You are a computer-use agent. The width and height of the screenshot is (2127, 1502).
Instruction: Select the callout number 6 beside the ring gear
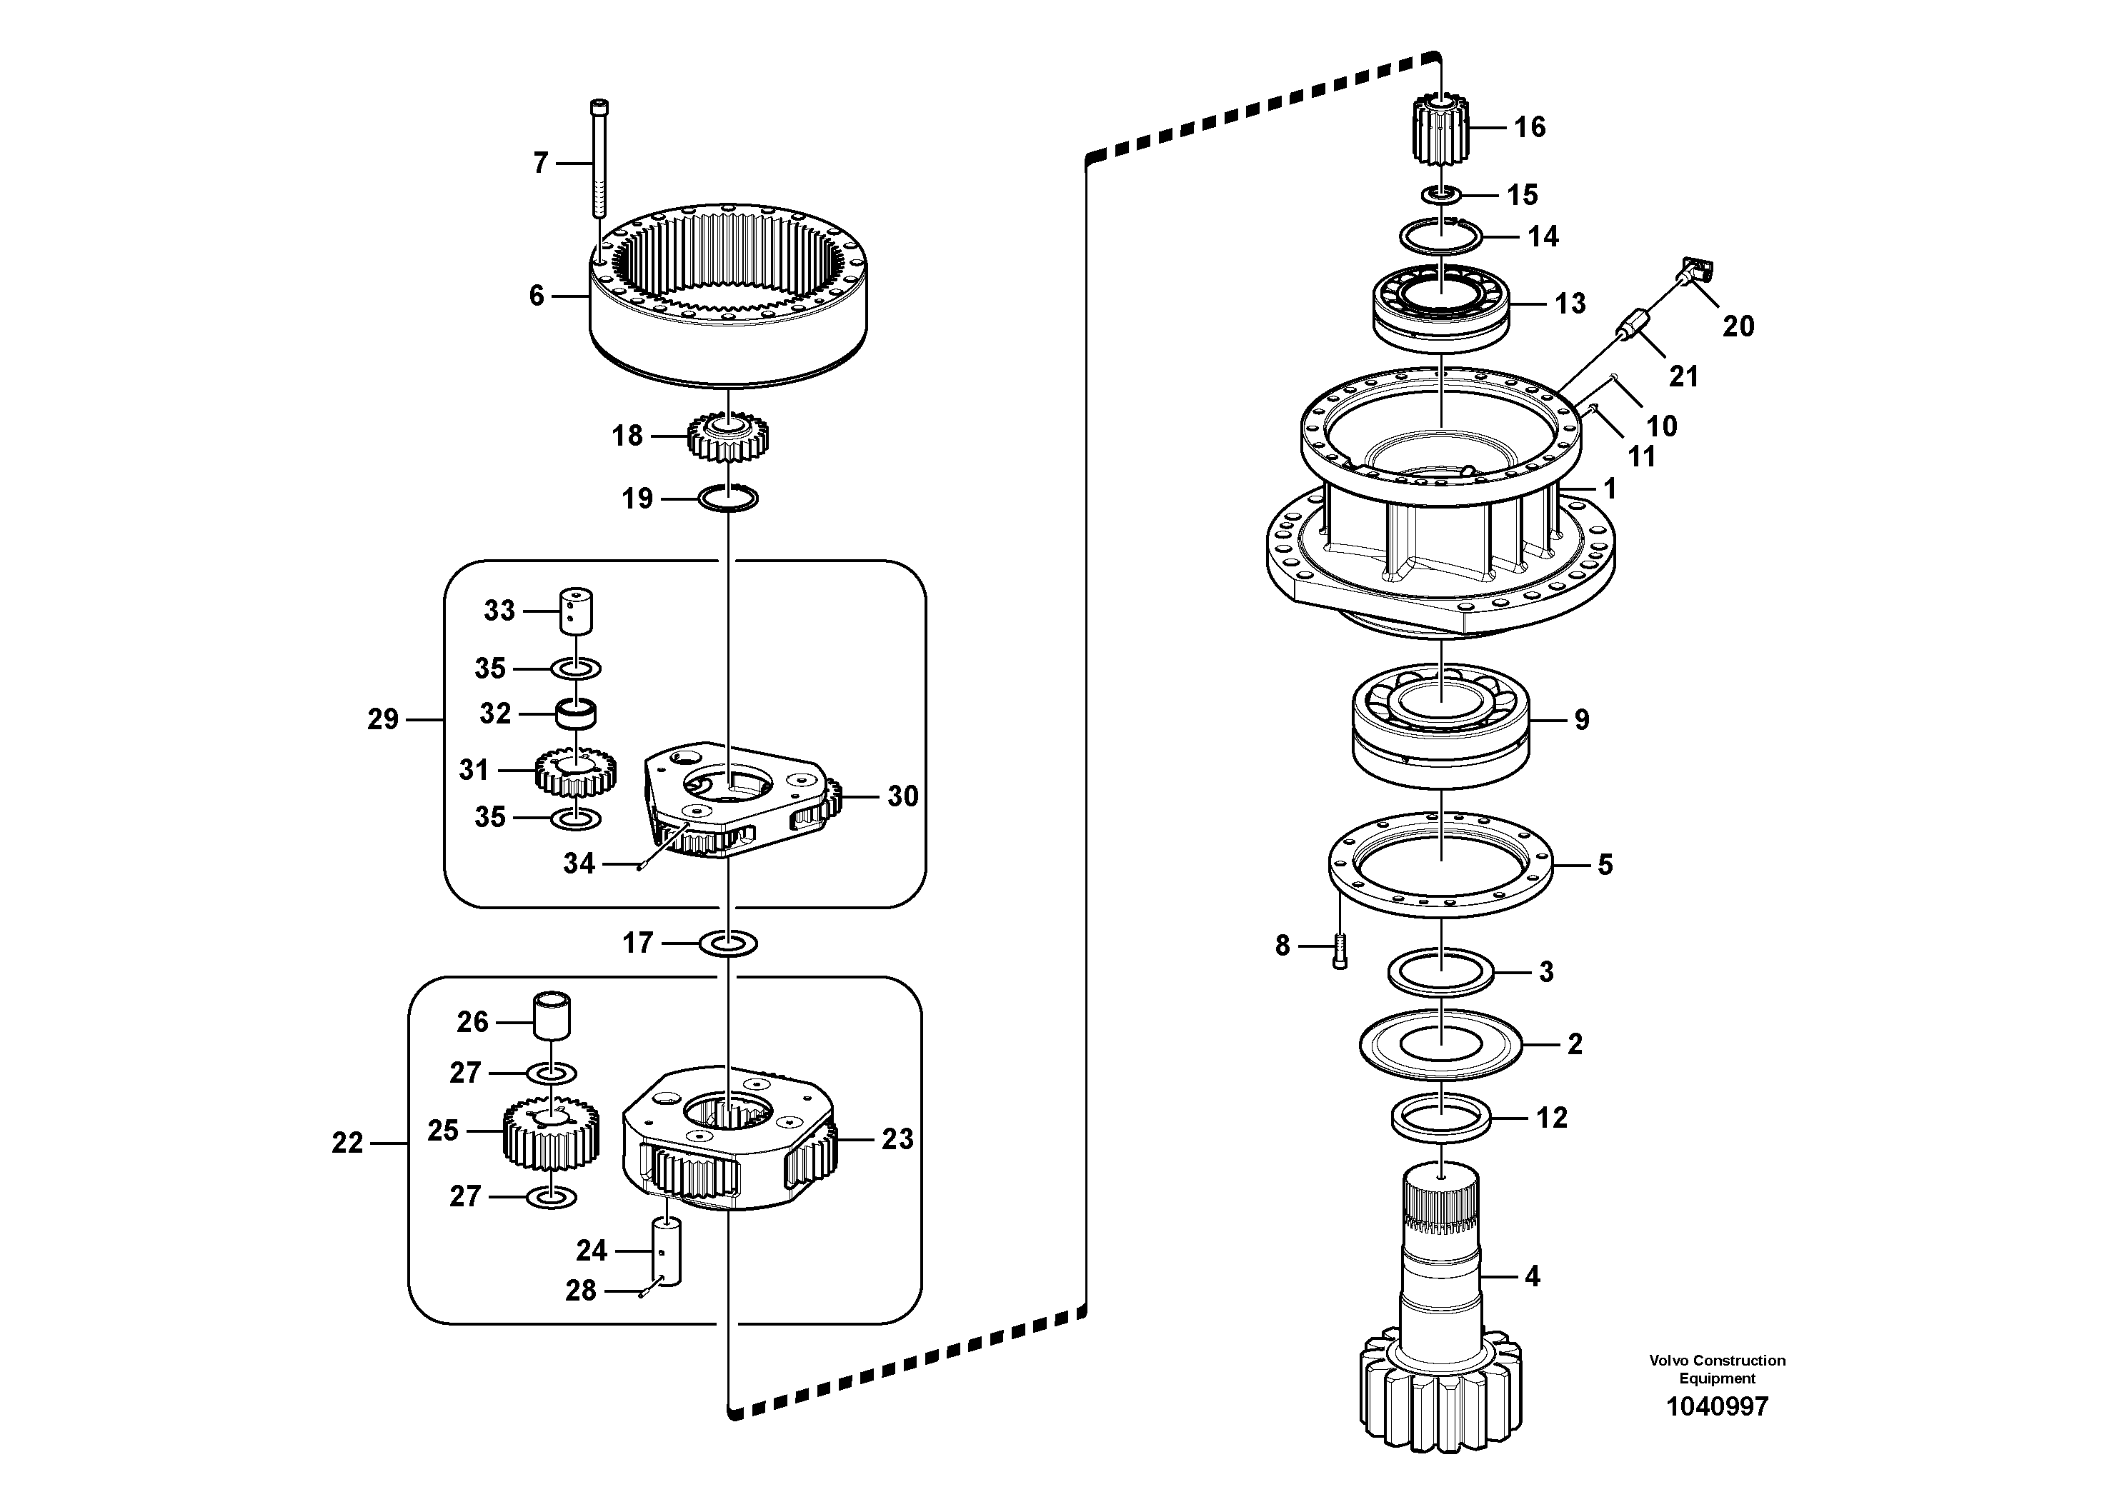tap(537, 296)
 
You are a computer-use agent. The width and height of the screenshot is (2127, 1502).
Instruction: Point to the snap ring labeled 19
tap(728, 499)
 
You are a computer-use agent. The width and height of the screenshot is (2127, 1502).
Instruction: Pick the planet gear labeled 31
tap(575, 771)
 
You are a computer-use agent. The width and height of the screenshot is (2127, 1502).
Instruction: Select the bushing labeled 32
tap(576, 714)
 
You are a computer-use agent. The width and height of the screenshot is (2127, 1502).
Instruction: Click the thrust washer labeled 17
tap(728, 943)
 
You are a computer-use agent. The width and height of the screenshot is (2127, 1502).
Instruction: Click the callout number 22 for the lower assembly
tap(347, 1143)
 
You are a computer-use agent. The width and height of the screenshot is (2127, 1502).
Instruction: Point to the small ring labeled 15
tap(1443, 194)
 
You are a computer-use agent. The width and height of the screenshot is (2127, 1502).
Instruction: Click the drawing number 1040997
tap(1717, 1406)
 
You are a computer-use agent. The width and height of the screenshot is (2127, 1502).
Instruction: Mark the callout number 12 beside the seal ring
tap(1552, 1117)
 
